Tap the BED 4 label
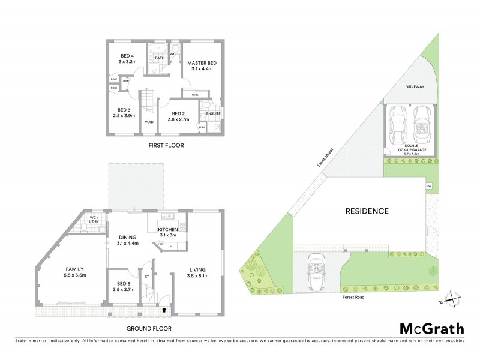tap(127, 58)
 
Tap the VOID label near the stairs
tap(149, 122)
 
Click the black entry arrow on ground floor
tap(166, 310)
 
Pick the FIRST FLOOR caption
tap(166, 145)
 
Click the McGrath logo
tap(431, 328)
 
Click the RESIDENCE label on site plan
tap(367, 211)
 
